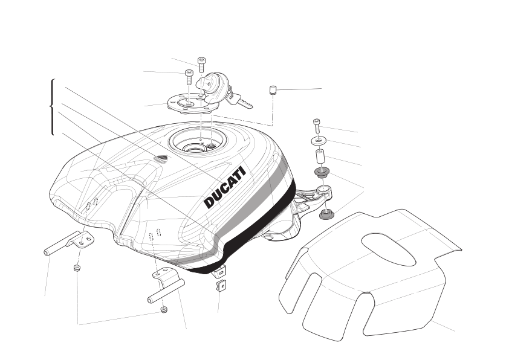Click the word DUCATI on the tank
225,187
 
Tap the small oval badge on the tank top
161,158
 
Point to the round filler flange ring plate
190,104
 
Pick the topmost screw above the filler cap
201,65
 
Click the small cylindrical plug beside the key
273,90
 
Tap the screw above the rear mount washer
317,126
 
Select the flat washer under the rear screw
319,141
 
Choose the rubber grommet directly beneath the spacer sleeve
322,172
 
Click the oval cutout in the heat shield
389,249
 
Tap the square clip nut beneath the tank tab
221,286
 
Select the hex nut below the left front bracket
77,268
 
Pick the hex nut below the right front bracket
164,309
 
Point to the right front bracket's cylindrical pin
166,291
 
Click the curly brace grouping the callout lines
52,106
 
